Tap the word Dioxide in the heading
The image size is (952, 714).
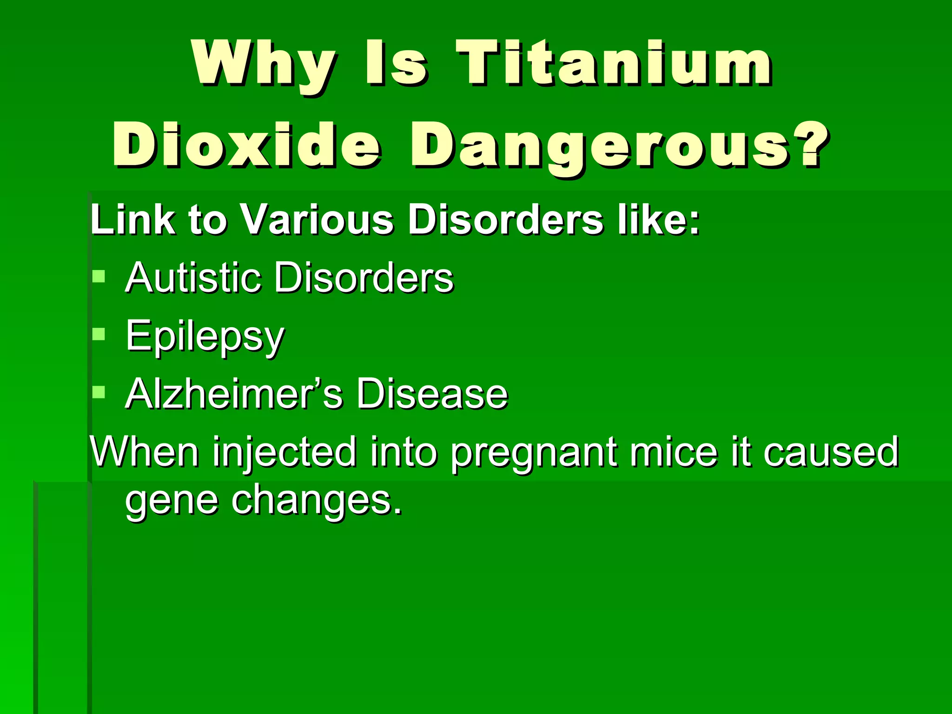[x=246, y=145]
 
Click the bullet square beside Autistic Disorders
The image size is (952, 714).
[x=99, y=277]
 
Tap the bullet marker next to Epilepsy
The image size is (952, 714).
[x=99, y=335]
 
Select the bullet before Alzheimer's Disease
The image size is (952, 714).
[x=99, y=393]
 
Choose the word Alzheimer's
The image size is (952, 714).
[x=234, y=394]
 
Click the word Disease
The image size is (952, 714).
[x=432, y=394]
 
